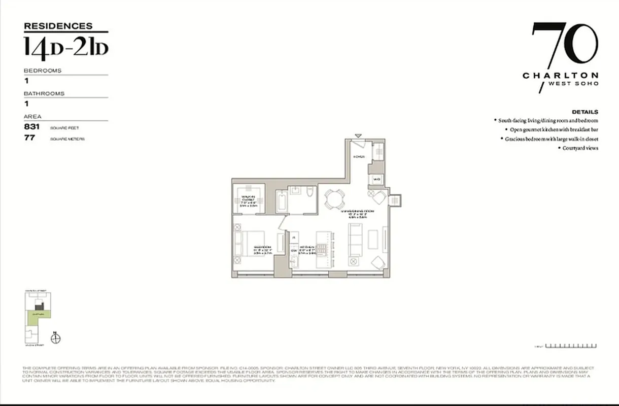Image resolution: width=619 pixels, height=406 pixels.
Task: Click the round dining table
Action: click(x=334, y=198)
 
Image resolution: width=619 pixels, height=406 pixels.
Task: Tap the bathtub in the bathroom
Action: click(x=281, y=201)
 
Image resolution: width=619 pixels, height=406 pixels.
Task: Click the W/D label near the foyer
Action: click(x=376, y=179)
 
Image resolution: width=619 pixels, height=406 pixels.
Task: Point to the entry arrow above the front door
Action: click(x=359, y=136)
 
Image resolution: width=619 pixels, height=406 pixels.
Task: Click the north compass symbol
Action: click(x=56, y=338)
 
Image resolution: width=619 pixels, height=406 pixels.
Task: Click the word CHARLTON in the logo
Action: click(x=560, y=76)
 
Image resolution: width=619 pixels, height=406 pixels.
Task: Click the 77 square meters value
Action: click(x=29, y=138)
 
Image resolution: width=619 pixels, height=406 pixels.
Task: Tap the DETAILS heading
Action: click(x=584, y=112)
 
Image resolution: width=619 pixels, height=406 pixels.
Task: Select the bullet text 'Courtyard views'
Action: click(x=579, y=148)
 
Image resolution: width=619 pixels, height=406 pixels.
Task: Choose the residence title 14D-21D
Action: click(x=66, y=47)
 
